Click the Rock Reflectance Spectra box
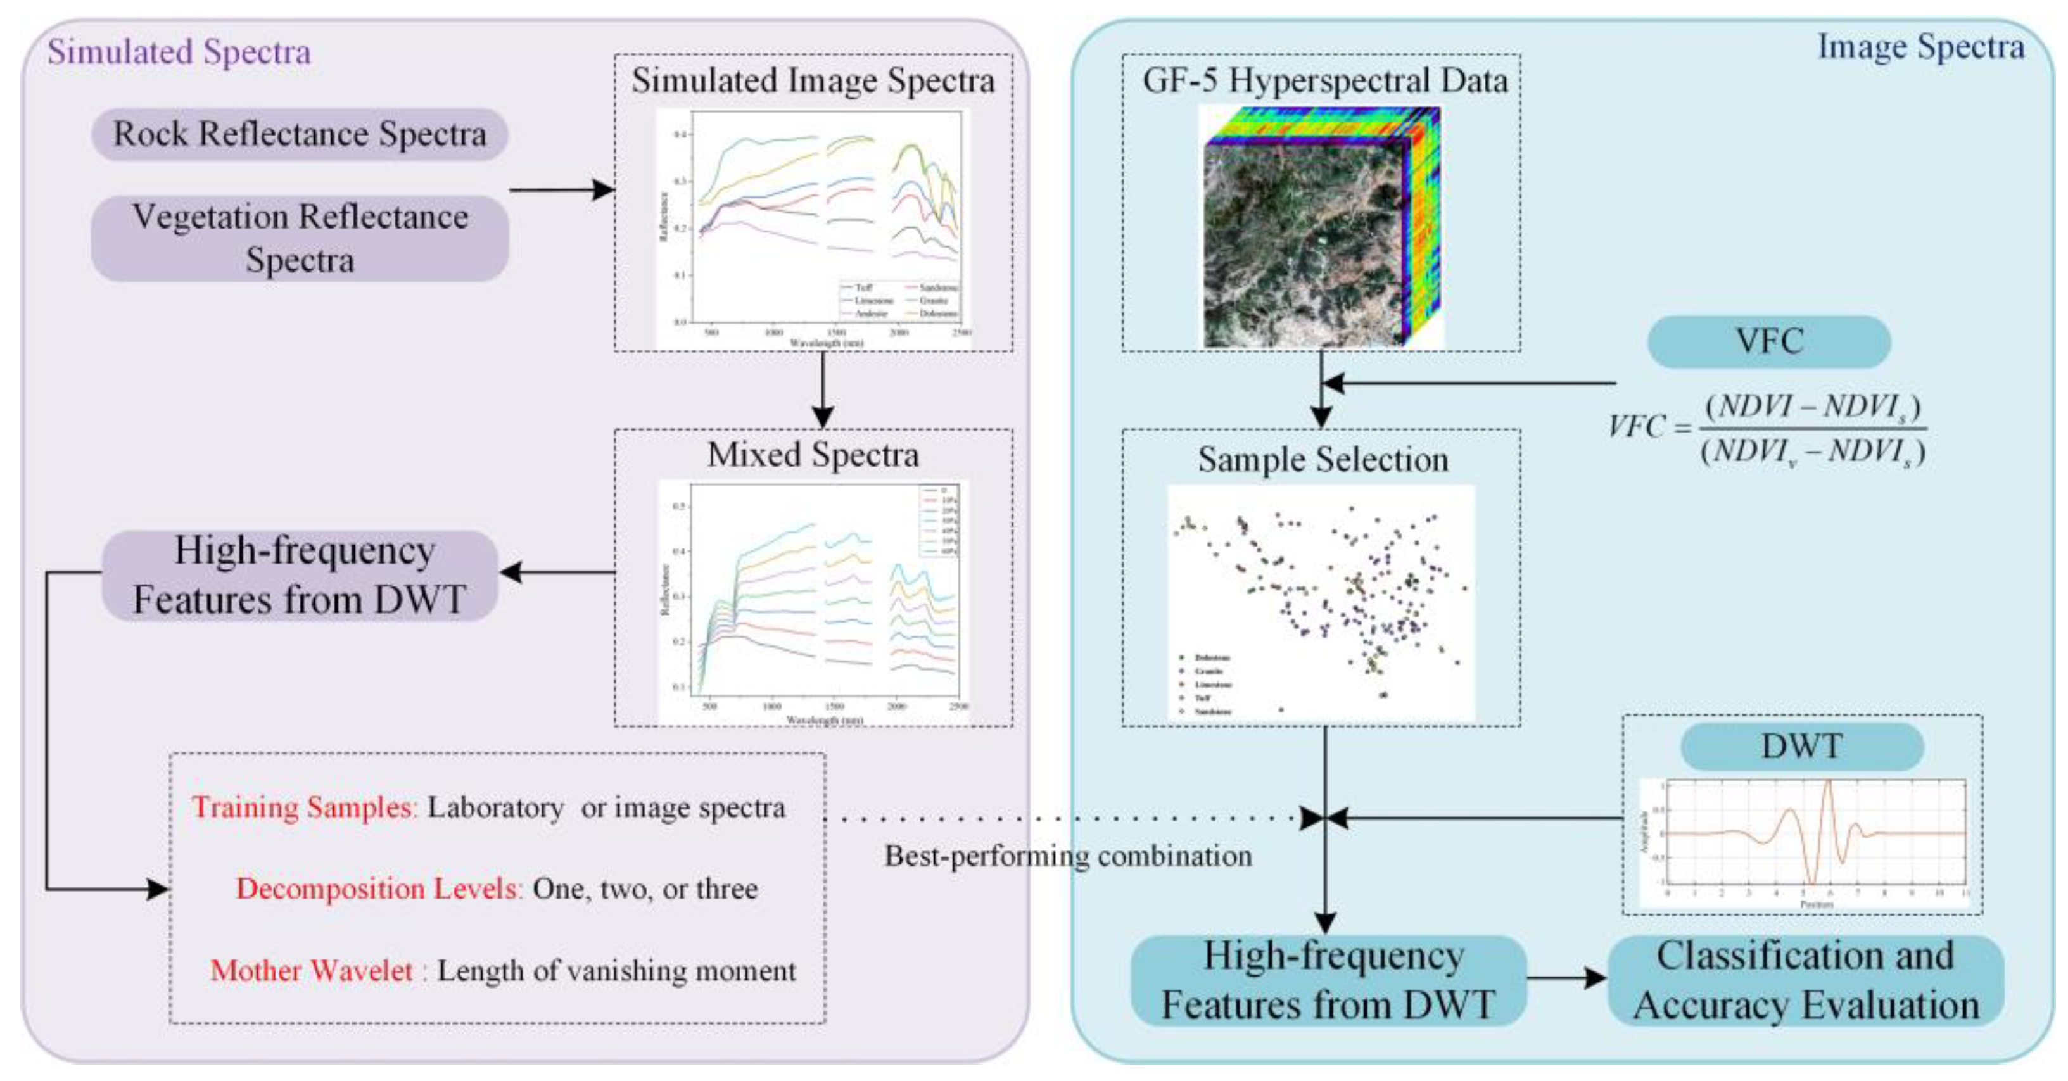coord(300,134)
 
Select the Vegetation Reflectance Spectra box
coord(300,238)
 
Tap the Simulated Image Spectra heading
coord(813,81)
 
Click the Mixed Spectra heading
coord(813,455)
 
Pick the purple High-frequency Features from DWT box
coord(300,576)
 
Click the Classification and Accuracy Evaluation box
coord(1806,981)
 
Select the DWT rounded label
coord(1801,747)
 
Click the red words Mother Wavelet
coord(312,971)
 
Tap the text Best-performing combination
coord(1068,856)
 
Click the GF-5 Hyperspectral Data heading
coord(1324,81)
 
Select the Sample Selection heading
coord(1323,460)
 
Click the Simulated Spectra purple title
coord(178,52)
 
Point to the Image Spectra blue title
coord(1920,47)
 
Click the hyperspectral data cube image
coord(1321,229)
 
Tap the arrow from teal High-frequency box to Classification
coord(1566,978)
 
